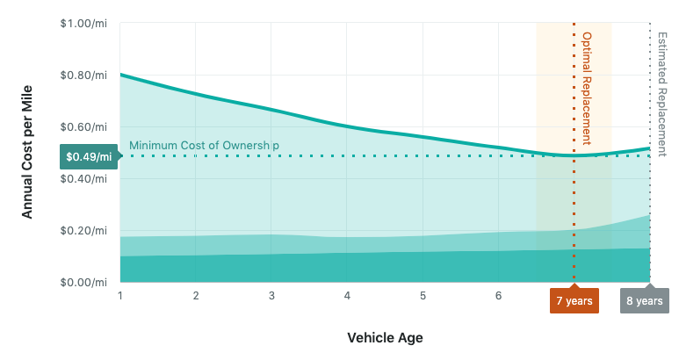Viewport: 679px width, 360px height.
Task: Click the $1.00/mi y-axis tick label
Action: tap(84, 23)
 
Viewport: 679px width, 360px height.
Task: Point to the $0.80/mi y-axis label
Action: tap(84, 75)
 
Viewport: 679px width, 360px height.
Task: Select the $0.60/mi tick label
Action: tap(84, 126)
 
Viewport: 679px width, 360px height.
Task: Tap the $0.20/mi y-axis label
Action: tap(84, 230)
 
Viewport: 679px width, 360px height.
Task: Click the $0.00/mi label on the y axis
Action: tap(84, 282)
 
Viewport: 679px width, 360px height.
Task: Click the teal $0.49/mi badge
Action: tap(88, 157)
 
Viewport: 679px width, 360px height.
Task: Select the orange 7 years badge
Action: tap(574, 300)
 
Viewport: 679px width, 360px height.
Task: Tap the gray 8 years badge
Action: tap(644, 300)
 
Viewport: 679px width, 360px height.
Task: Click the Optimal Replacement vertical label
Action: tap(587, 88)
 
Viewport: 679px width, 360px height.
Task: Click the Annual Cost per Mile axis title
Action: tap(27, 153)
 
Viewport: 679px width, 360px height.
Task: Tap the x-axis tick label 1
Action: tap(119, 296)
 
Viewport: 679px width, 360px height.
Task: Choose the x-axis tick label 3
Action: tap(271, 296)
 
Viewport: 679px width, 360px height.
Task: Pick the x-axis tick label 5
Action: tap(423, 296)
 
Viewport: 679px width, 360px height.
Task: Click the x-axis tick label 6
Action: tap(498, 296)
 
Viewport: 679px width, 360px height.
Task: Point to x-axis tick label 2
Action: tap(195, 296)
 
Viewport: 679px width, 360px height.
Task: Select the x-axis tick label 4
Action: tap(347, 296)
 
